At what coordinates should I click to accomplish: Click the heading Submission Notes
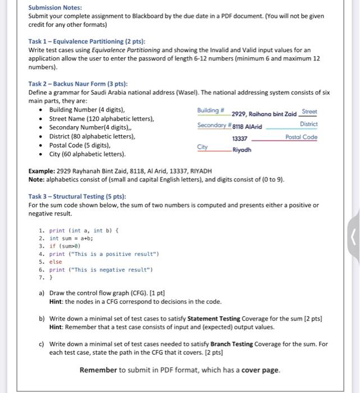[54, 7]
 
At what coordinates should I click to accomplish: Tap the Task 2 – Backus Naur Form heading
[78, 84]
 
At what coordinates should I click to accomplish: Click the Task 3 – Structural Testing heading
[77, 196]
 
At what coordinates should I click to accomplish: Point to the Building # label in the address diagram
[211, 111]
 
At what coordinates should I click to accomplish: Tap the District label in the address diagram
[309, 124]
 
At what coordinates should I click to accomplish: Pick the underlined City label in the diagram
[202, 147]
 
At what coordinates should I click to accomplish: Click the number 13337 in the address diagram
[240, 138]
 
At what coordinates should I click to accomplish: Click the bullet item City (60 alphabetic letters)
[88, 154]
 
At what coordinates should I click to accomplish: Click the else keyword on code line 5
[56, 262]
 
